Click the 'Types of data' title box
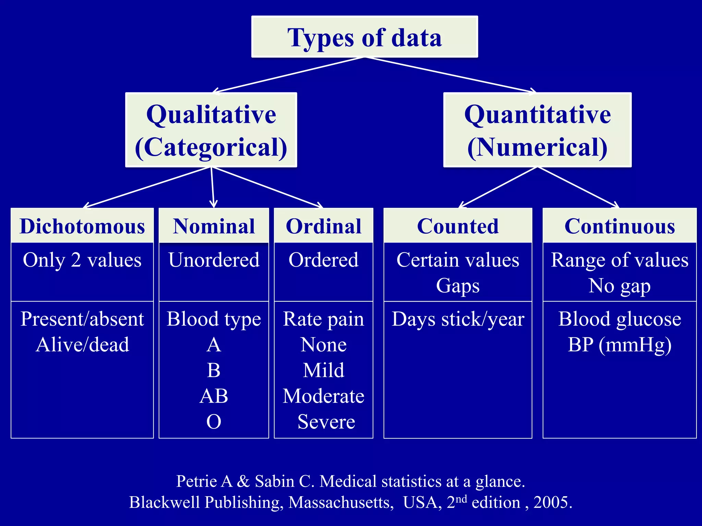364,37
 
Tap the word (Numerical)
537,147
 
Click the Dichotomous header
82,226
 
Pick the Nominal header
214,226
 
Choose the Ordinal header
324,226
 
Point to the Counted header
458,226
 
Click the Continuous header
619,226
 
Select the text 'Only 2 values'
82,260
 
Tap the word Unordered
214,260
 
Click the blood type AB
214,396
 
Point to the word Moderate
324,396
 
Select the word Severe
326,422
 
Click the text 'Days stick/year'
458,319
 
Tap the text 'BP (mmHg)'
619,345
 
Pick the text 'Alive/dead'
82,345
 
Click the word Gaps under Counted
458,286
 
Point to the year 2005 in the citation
552,502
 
